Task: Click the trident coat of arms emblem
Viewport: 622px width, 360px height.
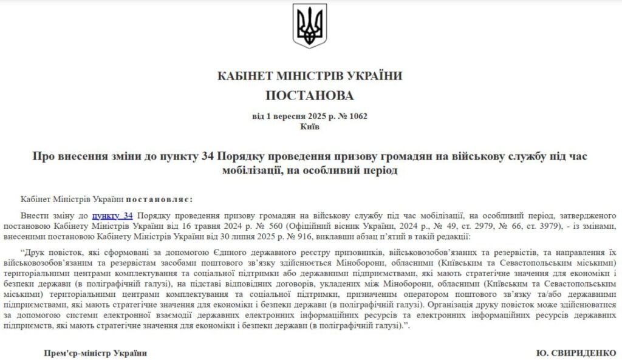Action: (x=310, y=27)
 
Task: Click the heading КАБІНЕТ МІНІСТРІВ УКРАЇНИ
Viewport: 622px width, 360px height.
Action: (x=310, y=76)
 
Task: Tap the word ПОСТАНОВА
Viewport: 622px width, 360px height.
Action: (x=310, y=95)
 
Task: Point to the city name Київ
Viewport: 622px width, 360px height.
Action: (x=310, y=126)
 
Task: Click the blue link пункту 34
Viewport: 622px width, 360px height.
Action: (x=112, y=216)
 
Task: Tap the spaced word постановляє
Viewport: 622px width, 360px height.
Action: (x=160, y=199)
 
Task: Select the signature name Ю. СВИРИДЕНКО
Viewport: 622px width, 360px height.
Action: (x=576, y=353)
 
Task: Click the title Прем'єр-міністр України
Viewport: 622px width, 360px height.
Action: (x=95, y=353)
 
